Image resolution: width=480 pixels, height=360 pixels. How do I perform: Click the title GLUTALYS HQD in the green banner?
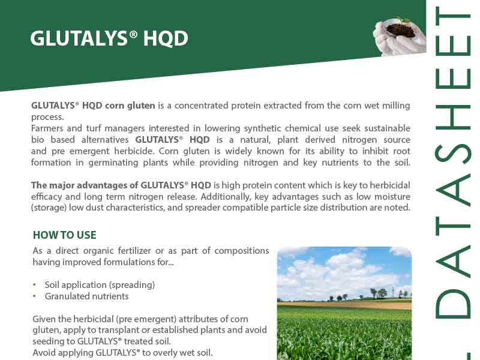click(109, 38)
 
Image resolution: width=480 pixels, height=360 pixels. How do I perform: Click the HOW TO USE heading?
click(65, 235)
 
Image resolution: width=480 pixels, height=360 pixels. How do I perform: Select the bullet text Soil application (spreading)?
click(100, 285)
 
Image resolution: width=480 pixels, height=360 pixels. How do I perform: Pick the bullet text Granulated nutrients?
click(86, 296)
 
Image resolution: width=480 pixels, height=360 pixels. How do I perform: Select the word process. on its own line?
click(47, 117)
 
